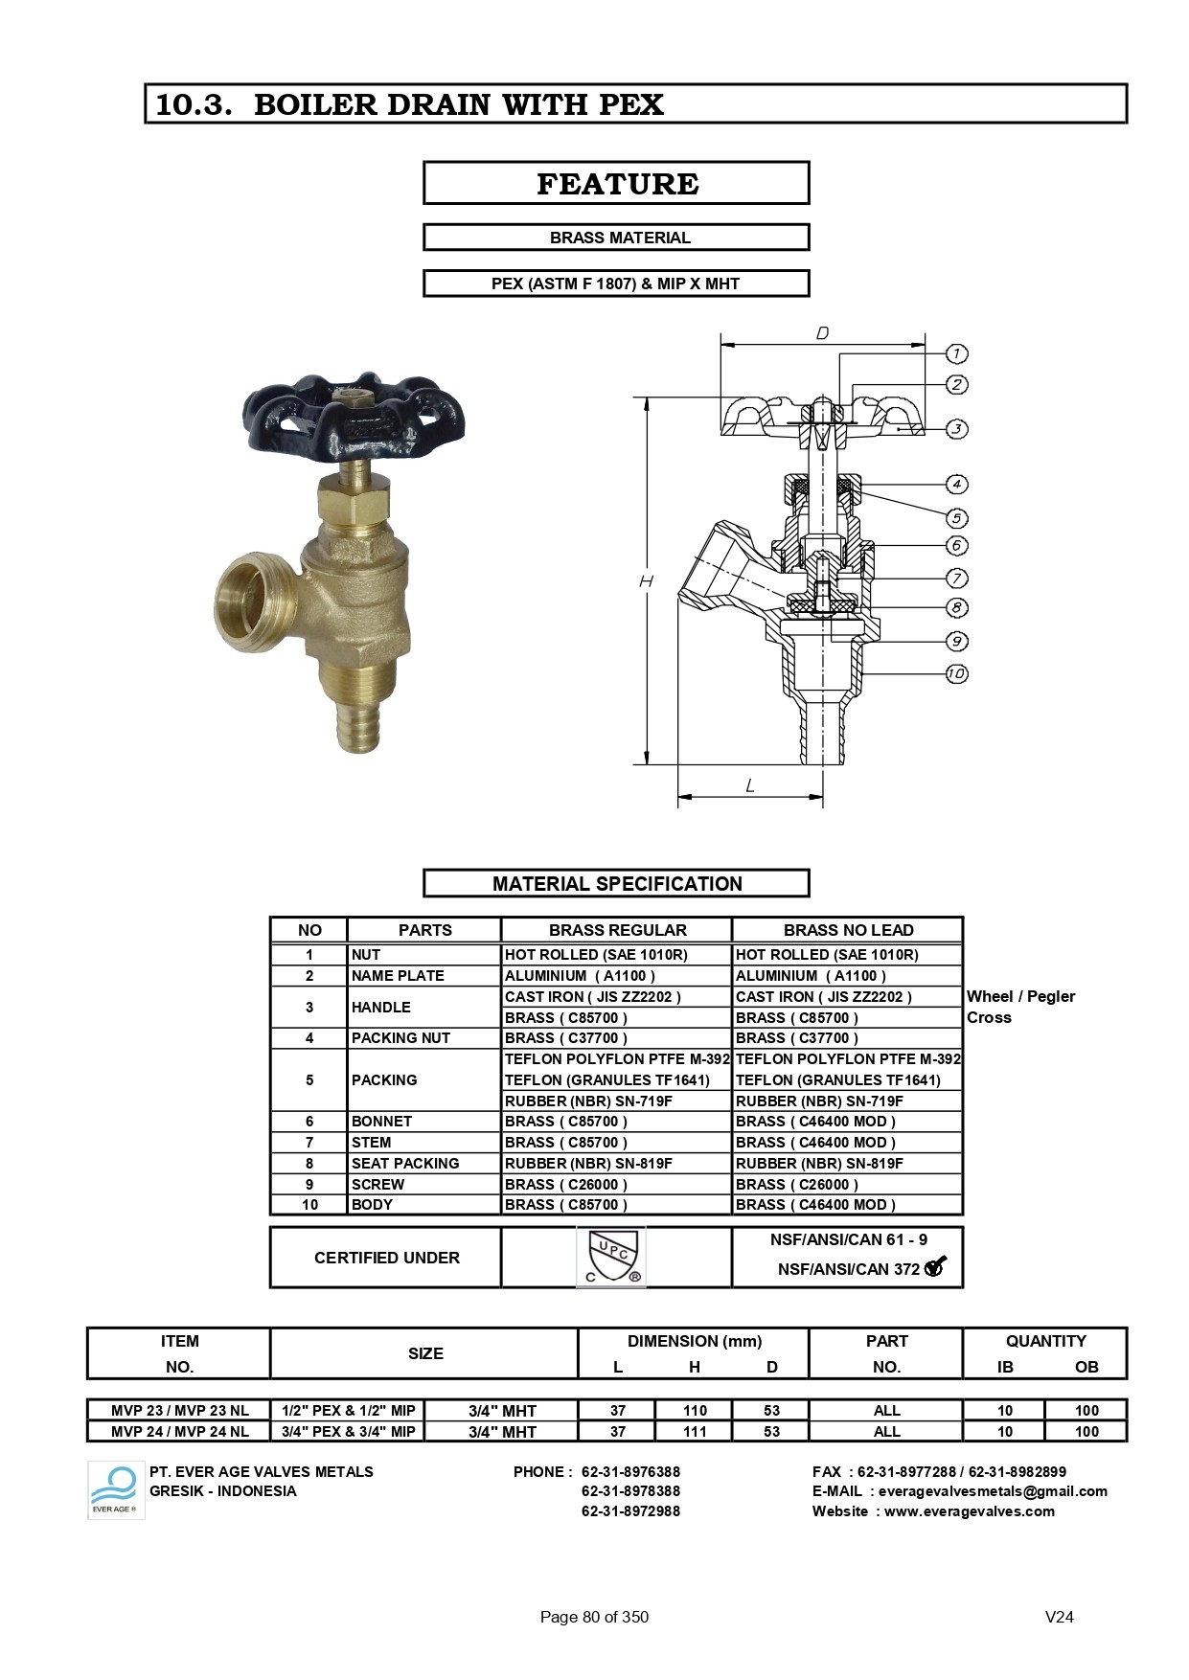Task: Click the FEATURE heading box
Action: coord(616,183)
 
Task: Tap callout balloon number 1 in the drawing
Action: coord(956,354)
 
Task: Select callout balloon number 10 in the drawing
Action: coord(956,673)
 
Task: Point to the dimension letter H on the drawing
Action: coord(647,581)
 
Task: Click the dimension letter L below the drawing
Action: coord(750,785)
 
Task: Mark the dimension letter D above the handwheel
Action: coord(822,333)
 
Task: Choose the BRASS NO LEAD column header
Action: coord(848,930)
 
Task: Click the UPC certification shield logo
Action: coord(610,1258)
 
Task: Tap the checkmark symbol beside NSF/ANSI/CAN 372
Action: coord(935,1267)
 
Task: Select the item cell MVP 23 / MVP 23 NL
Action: coord(179,1411)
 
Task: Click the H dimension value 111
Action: coord(695,1432)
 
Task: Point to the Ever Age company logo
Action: coord(116,1490)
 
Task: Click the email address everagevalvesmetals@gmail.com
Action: coord(993,1491)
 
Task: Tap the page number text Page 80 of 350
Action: coord(594,1617)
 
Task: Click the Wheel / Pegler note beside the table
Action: coord(1020,997)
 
